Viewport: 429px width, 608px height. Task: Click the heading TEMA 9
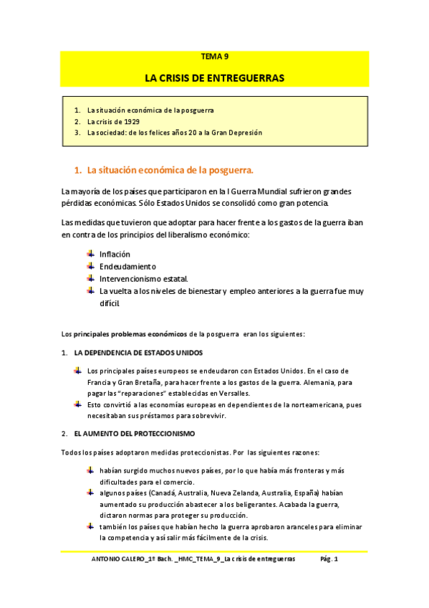coord(214,57)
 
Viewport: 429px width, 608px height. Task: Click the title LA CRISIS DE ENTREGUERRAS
coord(214,77)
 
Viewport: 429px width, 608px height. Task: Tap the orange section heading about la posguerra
coord(170,171)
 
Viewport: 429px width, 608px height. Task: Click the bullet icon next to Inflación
coord(90,254)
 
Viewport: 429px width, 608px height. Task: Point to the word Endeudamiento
coord(127,267)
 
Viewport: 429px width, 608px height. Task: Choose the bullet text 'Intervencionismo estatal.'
coord(143,279)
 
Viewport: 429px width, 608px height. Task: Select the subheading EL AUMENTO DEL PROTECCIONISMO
coord(134,434)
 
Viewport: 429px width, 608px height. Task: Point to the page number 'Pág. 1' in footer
coord(328,559)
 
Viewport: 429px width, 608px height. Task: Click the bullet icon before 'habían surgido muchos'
coord(90,470)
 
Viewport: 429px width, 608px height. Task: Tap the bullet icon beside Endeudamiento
coord(90,266)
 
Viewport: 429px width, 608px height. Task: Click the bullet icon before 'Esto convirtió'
coord(78,404)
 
